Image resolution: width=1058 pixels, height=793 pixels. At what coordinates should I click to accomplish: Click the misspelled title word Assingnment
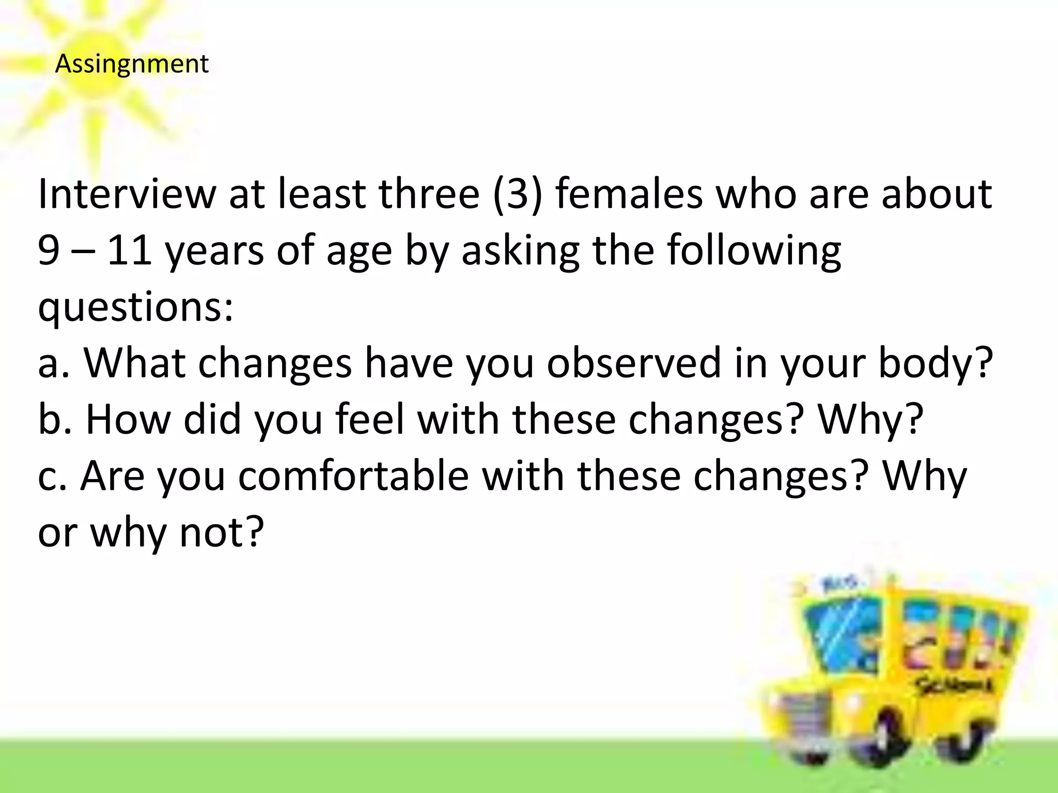[x=132, y=65]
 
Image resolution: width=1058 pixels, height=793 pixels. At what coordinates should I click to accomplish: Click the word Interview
[x=127, y=194]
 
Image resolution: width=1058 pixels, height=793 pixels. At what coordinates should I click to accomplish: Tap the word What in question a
[x=135, y=363]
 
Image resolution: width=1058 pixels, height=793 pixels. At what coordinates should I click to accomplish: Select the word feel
[x=370, y=419]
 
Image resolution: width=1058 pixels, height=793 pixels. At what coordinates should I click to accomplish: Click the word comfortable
[x=353, y=475]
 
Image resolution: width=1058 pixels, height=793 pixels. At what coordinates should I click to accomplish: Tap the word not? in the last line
[x=222, y=532]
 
